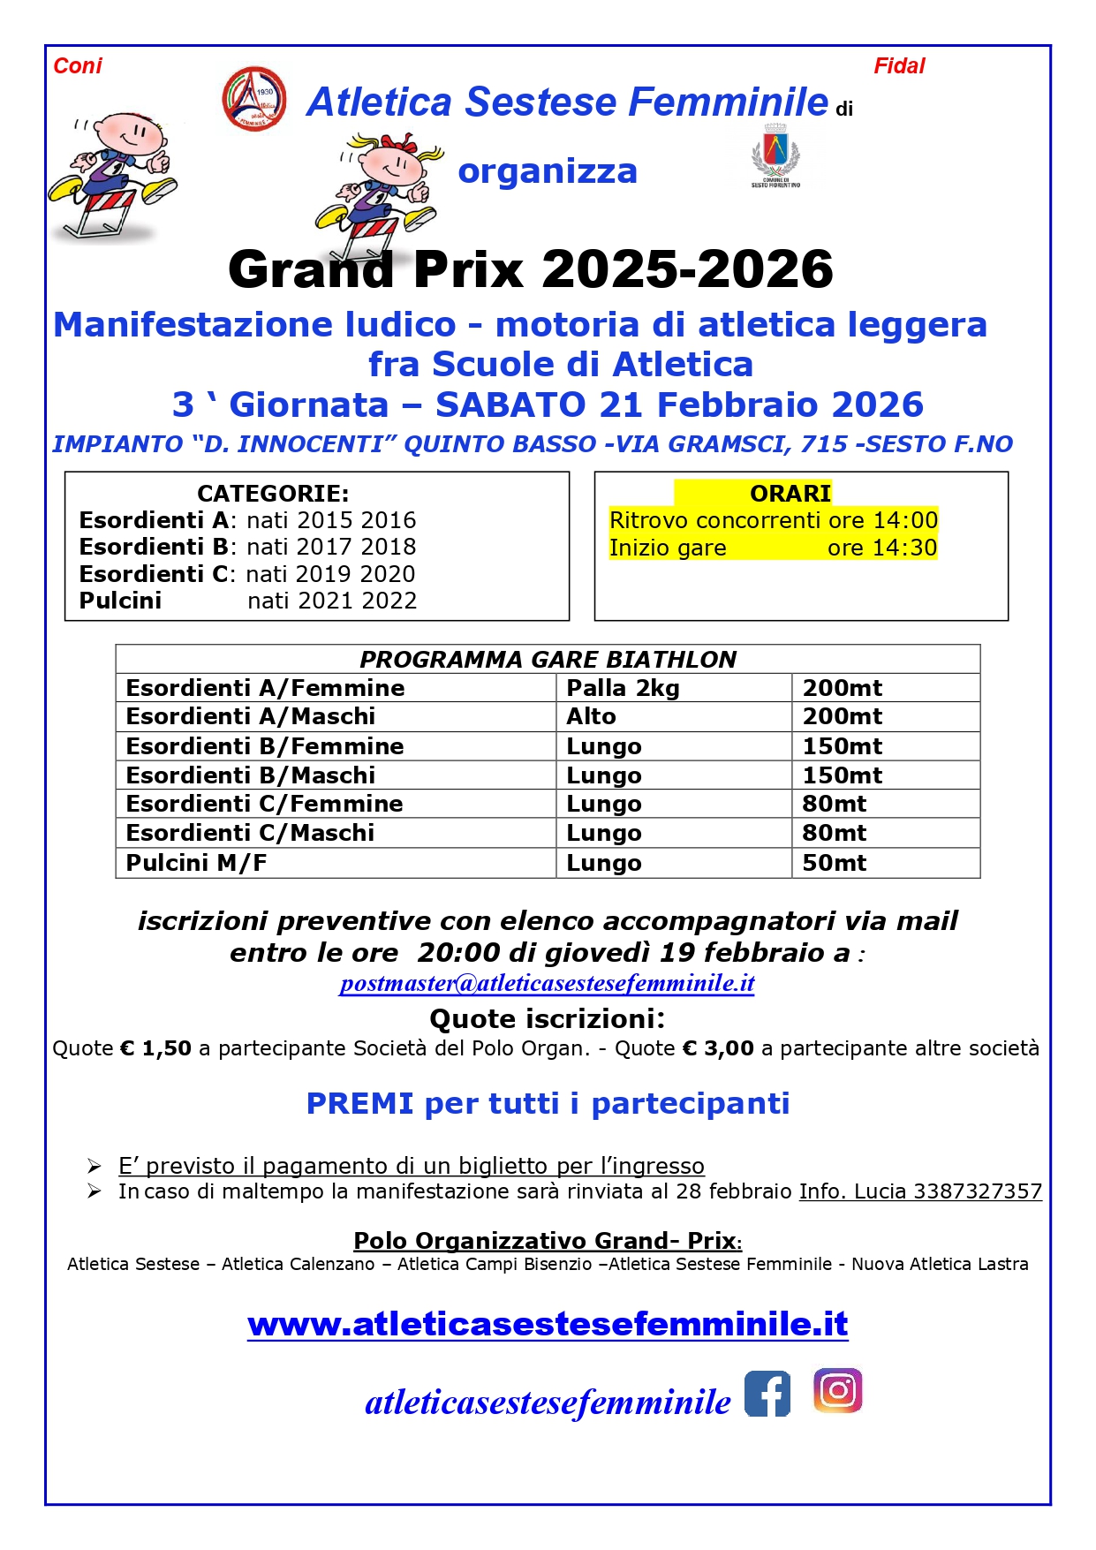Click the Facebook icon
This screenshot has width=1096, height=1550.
point(767,1394)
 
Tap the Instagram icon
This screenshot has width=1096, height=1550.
point(837,1391)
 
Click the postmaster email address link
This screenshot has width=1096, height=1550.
point(547,983)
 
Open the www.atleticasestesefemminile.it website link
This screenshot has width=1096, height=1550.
point(548,1324)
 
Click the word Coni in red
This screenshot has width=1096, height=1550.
point(78,66)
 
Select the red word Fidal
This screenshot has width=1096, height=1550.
point(899,66)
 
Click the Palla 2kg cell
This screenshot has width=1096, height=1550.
point(623,688)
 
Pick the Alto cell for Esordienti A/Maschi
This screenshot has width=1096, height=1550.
point(592,716)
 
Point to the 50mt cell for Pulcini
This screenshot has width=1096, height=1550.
point(834,863)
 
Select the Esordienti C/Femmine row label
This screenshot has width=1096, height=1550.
point(264,804)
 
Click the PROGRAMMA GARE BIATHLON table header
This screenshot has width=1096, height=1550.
point(548,660)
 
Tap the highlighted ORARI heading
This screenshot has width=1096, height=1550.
point(790,493)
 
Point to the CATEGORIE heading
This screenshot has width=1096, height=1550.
point(273,493)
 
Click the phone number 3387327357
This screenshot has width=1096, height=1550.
point(978,1191)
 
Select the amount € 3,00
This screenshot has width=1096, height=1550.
point(719,1048)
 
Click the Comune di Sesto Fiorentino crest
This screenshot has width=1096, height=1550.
point(775,155)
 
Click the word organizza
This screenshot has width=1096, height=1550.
point(548,171)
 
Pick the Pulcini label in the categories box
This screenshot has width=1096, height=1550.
point(120,601)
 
